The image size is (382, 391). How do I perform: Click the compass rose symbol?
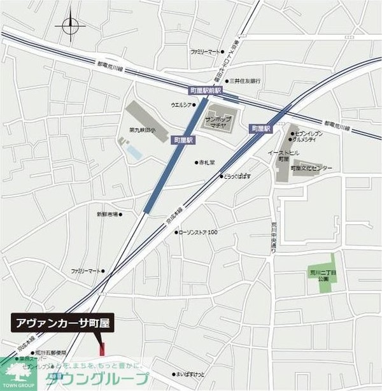(x=70, y=27)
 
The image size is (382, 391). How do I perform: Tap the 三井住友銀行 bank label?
(x=246, y=82)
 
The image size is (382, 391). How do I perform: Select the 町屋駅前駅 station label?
(x=205, y=92)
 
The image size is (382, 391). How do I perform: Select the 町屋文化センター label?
(x=311, y=168)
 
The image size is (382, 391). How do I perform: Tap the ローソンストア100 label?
(x=199, y=232)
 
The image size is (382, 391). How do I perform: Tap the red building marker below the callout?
(x=101, y=348)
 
